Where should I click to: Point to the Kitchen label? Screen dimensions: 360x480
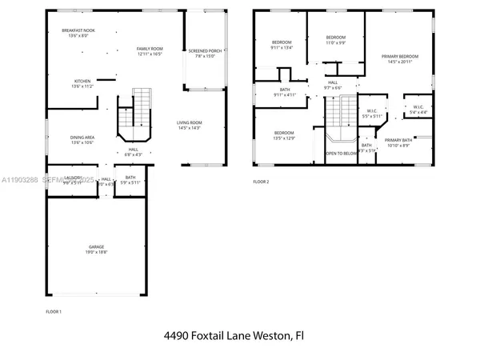(82, 81)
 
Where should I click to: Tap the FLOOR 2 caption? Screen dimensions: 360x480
(262, 182)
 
